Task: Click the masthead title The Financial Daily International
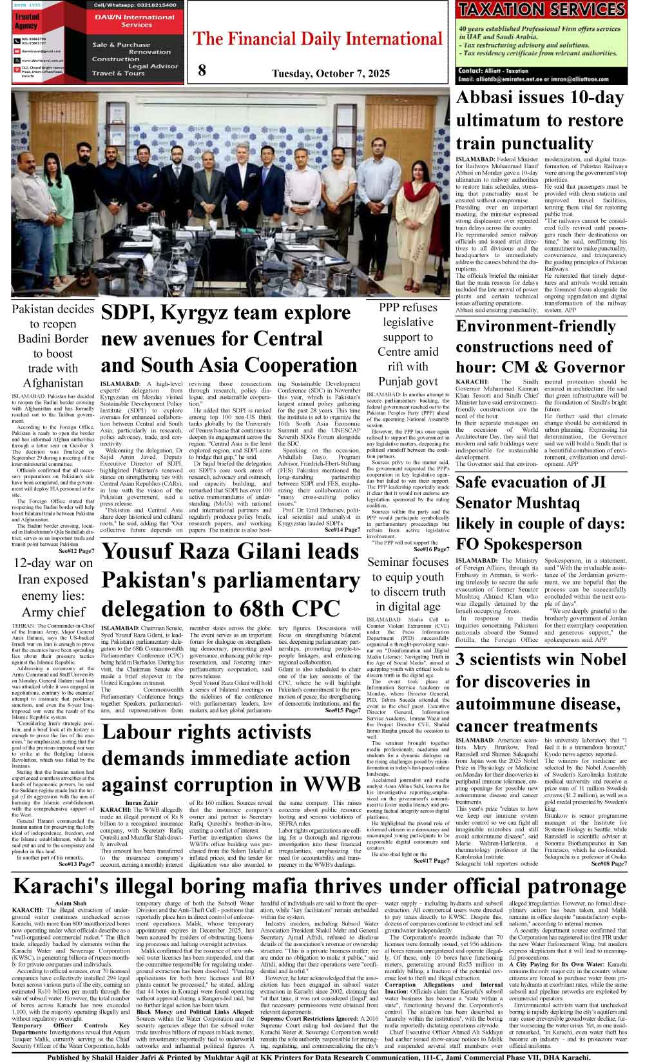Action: tap(318, 39)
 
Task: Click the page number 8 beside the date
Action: tap(202, 70)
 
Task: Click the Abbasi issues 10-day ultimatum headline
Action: tap(540, 121)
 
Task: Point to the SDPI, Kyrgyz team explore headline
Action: tap(229, 339)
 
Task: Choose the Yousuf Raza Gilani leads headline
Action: tap(230, 580)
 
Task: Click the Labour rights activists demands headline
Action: tap(230, 759)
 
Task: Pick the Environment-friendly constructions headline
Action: tap(540, 347)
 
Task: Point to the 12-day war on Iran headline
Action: tap(53, 587)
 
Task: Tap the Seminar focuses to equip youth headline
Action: tap(408, 584)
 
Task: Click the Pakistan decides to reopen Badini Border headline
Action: tap(53, 346)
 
